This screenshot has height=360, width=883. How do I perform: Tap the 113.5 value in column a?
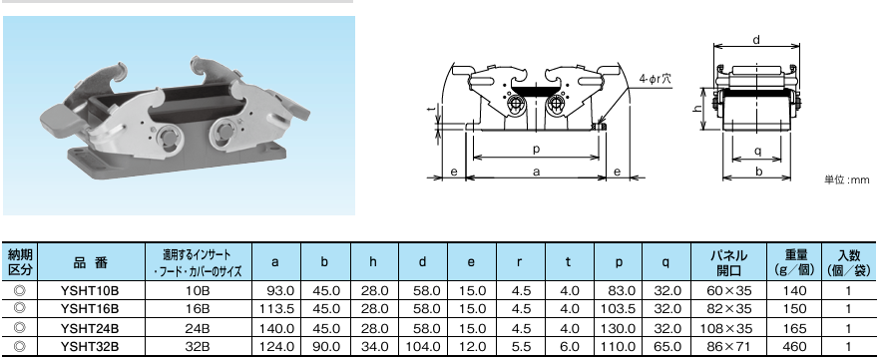[276, 309]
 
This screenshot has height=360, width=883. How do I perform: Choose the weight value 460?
[794, 346]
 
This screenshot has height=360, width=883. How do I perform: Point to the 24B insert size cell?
[199, 328]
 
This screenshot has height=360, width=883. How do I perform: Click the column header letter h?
[374, 262]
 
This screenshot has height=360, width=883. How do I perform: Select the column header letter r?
[519, 262]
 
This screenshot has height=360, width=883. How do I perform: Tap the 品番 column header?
[90, 262]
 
